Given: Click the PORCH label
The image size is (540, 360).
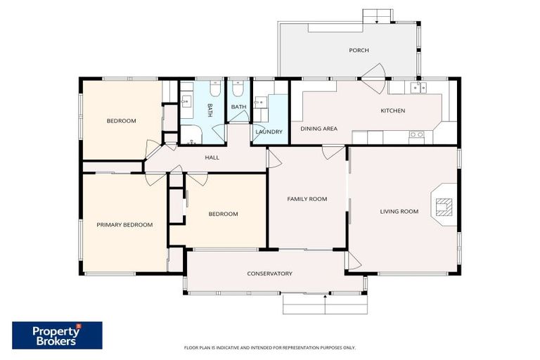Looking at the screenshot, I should tap(359, 51).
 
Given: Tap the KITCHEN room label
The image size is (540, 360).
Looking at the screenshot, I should tap(392, 110).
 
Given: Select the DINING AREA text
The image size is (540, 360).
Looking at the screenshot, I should tap(319, 129).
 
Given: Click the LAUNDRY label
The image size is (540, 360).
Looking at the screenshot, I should tap(269, 131).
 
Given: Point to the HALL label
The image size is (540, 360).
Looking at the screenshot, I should tap(212, 157).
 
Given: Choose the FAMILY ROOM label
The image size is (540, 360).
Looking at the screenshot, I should tap(307, 199).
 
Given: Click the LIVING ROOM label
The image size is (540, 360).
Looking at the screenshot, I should tap(399, 212).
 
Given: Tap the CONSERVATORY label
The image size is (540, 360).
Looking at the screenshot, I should tap(269, 274).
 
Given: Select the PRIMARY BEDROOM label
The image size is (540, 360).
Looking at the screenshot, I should tap(124, 225).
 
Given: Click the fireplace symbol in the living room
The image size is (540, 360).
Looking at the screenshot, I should tap(444, 206).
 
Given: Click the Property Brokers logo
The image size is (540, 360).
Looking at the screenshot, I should tap(57, 335).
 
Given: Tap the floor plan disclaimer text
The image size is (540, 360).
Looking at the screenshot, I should tap(269, 347).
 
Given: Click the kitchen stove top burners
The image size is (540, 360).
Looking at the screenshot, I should tap(416, 134).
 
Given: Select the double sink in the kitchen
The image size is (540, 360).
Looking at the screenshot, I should tap(418, 87).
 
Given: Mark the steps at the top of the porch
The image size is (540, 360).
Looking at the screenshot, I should tap(378, 15).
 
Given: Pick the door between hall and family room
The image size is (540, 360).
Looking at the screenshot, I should tap(274, 158).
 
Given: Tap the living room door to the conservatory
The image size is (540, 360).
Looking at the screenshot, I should tap(354, 262).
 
